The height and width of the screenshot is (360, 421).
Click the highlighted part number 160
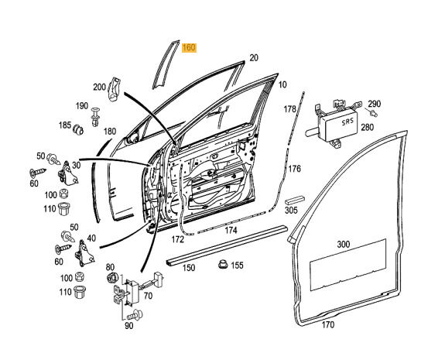(189, 48)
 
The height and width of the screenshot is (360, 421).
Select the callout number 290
(375, 104)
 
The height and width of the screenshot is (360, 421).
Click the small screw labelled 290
(372, 112)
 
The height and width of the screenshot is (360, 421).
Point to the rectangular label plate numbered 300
(348, 265)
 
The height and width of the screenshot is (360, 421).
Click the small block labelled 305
(295, 201)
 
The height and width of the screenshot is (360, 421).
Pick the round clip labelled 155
(223, 264)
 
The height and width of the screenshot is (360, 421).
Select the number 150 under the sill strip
(189, 268)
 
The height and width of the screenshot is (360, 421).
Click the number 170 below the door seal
(328, 325)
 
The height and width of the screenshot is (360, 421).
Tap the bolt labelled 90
(135, 315)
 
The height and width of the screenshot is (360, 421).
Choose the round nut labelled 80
(112, 278)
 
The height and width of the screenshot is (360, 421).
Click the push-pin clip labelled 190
(95, 117)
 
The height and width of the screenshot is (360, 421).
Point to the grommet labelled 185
(78, 129)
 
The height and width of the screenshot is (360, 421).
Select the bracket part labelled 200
(114, 89)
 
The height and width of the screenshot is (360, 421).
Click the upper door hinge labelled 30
(67, 174)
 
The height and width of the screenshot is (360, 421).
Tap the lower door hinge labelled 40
(84, 254)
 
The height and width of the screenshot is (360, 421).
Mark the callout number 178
(289, 109)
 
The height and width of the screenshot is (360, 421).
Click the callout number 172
(178, 239)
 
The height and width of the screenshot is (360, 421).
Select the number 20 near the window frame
(254, 58)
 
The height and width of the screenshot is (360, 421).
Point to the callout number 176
(295, 169)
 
